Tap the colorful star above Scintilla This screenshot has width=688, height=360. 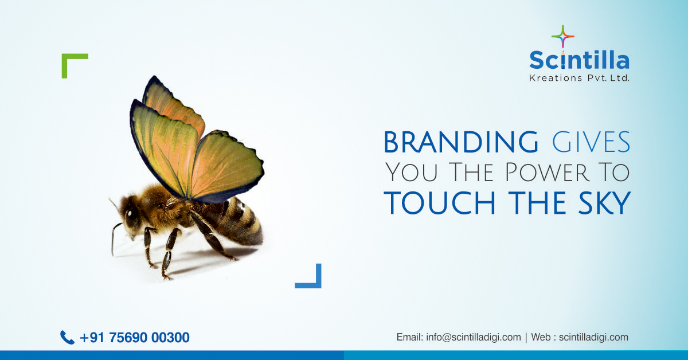tap(562, 37)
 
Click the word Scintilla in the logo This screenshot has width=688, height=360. tap(579, 60)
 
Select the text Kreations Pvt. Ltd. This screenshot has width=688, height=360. tap(579, 78)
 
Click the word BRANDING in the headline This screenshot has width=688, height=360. tap(461, 142)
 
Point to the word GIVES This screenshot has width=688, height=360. tap(591, 142)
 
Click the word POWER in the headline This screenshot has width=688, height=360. tap(548, 173)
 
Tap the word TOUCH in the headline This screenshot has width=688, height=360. tap(440, 203)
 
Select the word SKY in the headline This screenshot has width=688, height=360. tap(604, 203)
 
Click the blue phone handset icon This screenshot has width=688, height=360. tap(67, 337)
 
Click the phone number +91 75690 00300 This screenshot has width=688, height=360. tap(135, 337)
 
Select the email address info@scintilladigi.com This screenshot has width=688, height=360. tap(474, 337)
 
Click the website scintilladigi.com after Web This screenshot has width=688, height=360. tap(593, 337)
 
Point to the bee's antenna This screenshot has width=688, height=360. tap(114, 240)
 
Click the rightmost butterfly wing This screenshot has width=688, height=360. tap(227, 166)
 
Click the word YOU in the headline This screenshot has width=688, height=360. tap(411, 173)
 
